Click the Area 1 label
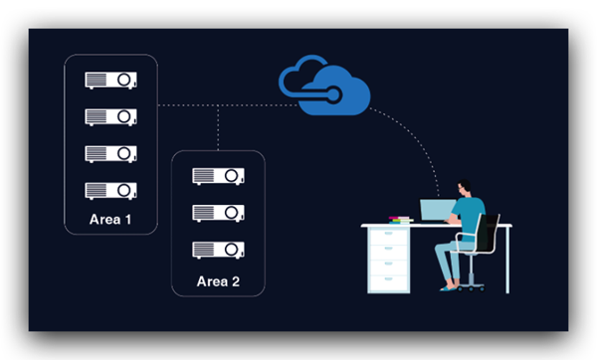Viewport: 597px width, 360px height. [x=110, y=219]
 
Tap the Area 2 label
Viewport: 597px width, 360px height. [x=218, y=281]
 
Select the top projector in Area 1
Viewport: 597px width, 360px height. [x=110, y=81]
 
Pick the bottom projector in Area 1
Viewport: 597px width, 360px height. [x=110, y=191]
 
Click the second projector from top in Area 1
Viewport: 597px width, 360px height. [x=110, y=116]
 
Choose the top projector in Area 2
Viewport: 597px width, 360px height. [x=218, y=176]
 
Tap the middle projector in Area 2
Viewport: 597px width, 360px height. [x=218, y=213]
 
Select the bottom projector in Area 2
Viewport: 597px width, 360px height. [x=218, y=250]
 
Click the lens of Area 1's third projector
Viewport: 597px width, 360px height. [x=124, y=153]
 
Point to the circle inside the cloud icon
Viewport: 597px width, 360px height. [x=333, y=94]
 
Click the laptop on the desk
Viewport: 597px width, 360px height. [x=438, y=210]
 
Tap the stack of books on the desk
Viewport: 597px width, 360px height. [x=401, y=220]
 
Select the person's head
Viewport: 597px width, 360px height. [x=464, y=187]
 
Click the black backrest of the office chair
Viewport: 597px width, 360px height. [x=488, y=232]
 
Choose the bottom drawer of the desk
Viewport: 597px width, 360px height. [x=389, y=283]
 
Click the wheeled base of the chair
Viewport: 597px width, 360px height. [x=471, y=286]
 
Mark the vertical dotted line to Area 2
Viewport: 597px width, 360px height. [x=218, y=128]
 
